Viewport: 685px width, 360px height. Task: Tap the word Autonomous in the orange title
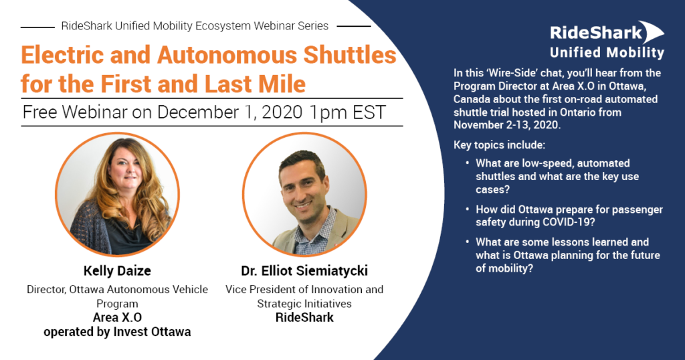point(227,55)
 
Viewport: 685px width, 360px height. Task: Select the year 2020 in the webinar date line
point(282,112)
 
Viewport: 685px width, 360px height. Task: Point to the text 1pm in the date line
point(328,112)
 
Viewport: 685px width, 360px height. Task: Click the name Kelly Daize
point(117,271)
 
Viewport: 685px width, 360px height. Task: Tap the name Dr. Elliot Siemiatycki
point(304,271)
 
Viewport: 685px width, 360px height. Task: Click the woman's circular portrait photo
point(117,194)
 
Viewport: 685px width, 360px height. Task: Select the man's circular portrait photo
point(305,194)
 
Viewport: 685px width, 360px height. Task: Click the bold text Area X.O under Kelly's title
point(117,318)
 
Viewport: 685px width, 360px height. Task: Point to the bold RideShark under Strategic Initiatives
point(304,318)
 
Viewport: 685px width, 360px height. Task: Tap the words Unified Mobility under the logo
point(607,53)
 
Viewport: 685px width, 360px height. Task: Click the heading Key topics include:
point(499,145)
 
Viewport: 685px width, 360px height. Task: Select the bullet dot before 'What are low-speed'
point(468,163)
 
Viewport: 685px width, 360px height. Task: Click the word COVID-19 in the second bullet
point(567,222)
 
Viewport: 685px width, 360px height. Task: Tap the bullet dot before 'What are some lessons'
point(468,242)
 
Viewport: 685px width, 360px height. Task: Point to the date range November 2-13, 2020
point(507,125)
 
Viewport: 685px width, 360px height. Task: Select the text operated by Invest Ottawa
point(117,332)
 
